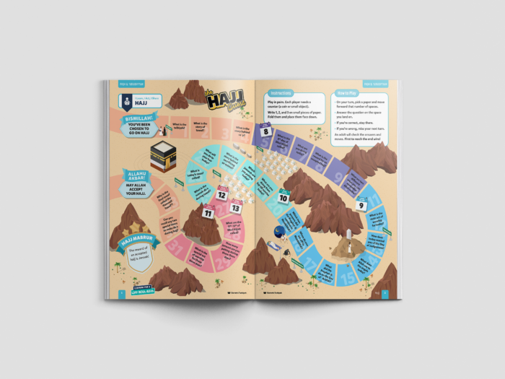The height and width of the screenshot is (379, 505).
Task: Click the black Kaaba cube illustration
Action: pyautogui.click(x=163, y=154)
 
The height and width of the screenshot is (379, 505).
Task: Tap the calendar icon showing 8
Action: pyautogui.click(x=266, y=131)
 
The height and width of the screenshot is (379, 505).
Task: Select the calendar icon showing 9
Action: pyautogui.click(x=361, y=204)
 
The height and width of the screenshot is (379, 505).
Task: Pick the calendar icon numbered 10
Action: pyautogui.click(x=284, y=197)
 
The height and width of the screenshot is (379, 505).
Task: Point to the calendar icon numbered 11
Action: pyautogui.click(x=208, y=212)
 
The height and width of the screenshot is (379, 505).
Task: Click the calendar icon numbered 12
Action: pyautogui.click(x=222, y=194)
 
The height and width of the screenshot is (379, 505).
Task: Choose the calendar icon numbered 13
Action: pyautogui.click(x=235, y=208)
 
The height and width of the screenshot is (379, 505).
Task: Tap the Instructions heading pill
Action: pyautogui.click(x=281, y=94)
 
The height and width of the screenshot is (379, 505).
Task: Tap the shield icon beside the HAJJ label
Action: pyautogui.click(x=125, y=101)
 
